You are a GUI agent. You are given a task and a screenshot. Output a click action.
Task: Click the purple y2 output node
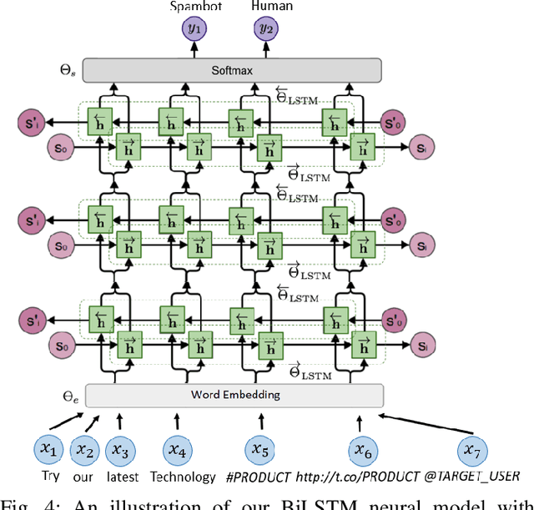coord(267,30)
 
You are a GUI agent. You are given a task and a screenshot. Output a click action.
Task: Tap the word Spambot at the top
coord(197,7)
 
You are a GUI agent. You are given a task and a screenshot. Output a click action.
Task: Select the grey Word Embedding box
coord(234,395)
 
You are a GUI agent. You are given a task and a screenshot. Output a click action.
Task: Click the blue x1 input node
coord(51,450)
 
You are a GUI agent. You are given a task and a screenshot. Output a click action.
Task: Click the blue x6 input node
coord(361,451)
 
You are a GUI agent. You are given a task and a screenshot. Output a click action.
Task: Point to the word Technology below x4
coord(183,478)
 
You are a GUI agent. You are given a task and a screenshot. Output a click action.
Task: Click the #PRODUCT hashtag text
coord(259,478)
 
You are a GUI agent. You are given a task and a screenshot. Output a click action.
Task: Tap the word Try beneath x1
coord(52,478)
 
